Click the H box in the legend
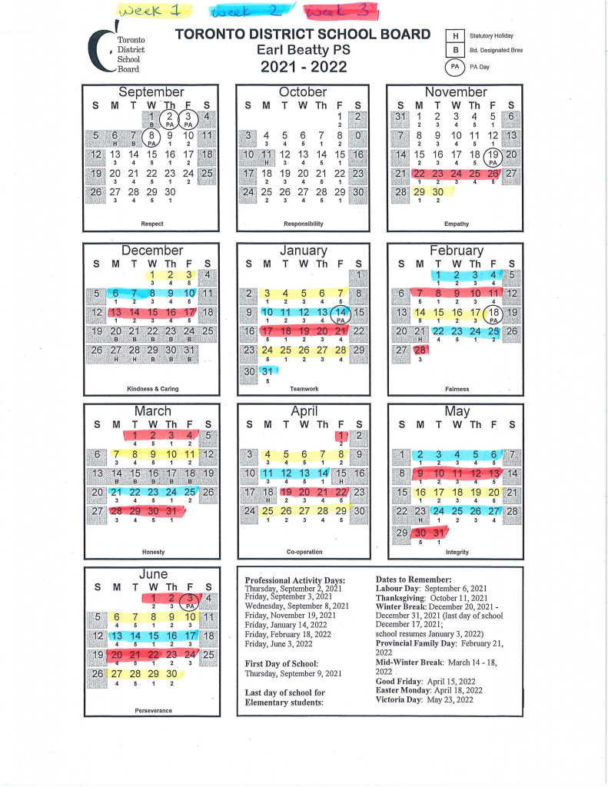pyautogui.click(x=456, y=36)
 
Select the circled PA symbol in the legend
pyautogui.click(x=456, y=67)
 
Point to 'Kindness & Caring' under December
pyautogui.click(x=152, y=388)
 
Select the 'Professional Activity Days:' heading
pyautogui.click(x=294, y=580)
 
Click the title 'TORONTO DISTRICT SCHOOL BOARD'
pyautogui.click(x=303, y=35)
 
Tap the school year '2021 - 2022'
pyautogui.click(x=303, y=66)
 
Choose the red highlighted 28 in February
pyautogui.click(x=420, y=350)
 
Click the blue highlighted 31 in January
pyautogui.click(x=267, y=371)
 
